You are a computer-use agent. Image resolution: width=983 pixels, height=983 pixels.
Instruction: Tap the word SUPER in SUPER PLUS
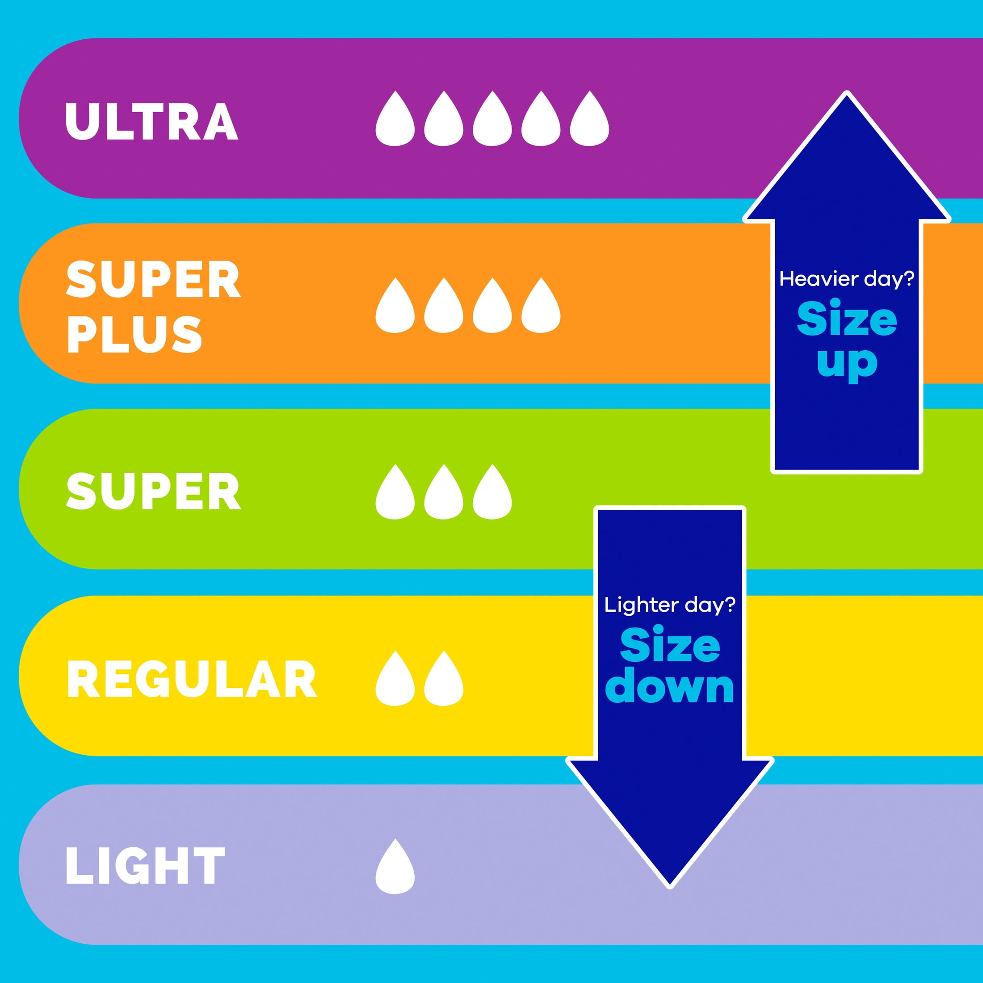click(153, 279)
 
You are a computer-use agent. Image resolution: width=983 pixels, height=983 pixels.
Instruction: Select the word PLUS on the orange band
click(134, 334)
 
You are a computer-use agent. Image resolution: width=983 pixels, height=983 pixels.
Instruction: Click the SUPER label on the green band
click(153, 491)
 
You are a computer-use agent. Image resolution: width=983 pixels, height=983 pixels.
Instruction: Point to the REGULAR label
click(192, 680)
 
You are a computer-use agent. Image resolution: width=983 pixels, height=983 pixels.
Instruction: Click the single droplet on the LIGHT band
click(395, 866)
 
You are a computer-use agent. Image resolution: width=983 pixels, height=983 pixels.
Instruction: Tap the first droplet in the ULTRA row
click(395, 118)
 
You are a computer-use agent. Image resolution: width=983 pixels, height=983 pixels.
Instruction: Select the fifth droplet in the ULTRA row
click(589, 118)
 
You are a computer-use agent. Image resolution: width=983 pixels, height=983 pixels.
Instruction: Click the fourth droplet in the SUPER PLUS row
click(541, 305)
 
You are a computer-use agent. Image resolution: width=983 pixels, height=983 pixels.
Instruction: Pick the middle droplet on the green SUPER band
click(444, 492)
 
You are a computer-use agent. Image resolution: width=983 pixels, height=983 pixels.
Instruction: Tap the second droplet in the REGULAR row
click(444, 678)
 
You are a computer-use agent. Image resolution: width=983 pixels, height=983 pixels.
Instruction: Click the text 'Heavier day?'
click(847, 279)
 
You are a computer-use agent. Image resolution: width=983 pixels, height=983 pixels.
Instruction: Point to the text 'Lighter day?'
click(670, 605)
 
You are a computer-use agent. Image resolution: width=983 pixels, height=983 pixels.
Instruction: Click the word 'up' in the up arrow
click(847, 363)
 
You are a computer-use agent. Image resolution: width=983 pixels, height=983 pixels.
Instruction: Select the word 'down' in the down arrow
click(670, 687)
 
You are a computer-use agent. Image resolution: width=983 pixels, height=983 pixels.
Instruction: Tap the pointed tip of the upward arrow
click(847, 93)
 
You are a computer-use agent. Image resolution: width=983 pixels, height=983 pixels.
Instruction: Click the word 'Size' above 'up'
click(847, 319)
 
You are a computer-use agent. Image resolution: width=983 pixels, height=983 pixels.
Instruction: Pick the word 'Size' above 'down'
click(670, 644)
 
